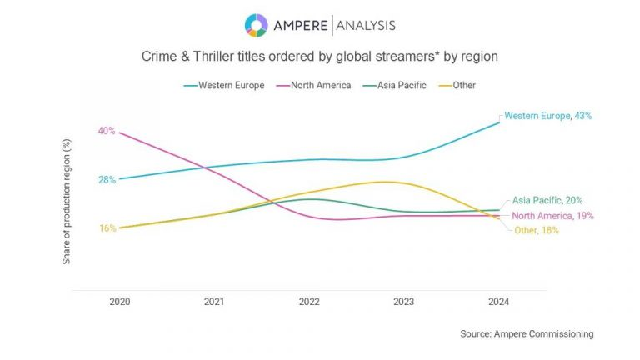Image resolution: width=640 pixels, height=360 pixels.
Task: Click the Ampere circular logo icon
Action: click(256, 25)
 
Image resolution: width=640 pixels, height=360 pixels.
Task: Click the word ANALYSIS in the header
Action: click(365, 26)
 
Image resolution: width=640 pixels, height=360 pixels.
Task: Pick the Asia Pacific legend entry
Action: click(395, 85)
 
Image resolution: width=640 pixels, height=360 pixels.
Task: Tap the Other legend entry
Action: click(461, 85)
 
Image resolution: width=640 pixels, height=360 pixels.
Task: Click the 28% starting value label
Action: click(106, 179)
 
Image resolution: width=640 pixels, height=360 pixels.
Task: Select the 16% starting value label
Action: click(107, 227)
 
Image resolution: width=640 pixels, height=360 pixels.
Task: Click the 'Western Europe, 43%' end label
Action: click(548, 116)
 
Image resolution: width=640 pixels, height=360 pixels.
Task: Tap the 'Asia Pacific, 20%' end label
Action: click(547, 200)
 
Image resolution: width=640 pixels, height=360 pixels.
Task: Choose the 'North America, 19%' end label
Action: click(552, 216)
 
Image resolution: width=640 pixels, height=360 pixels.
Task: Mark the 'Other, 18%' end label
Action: click(536, 231)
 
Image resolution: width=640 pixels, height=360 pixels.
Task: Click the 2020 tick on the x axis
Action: click(120, 302)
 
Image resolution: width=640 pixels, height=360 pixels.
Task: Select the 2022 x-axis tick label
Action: click(309, 302)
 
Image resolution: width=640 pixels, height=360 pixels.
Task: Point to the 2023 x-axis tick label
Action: click(404, 302)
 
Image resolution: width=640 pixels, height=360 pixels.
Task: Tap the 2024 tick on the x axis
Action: click(498, 302)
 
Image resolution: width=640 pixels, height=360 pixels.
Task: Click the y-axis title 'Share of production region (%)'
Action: click(67, 202)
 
